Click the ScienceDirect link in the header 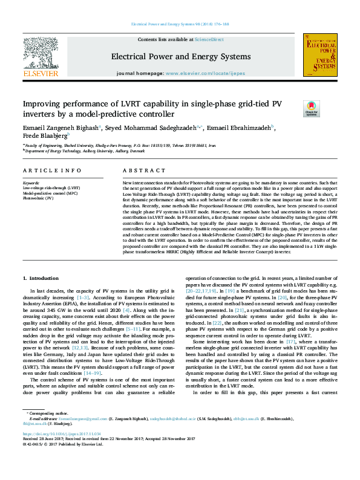[209, 39]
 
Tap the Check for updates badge [294, 109]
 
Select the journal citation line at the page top [180, 24]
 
